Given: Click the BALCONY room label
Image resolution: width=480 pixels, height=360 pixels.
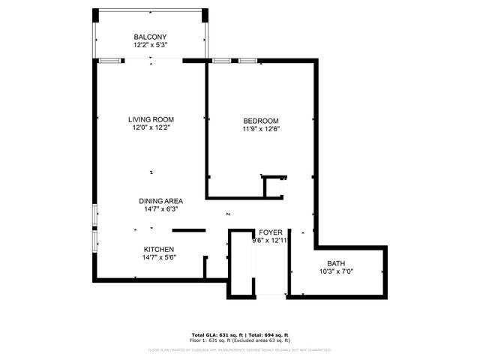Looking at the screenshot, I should coord(150,37).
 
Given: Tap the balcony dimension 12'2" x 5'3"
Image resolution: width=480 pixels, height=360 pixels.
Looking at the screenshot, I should coord(150,45).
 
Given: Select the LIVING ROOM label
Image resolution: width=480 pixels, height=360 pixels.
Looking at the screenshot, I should coord(151,119).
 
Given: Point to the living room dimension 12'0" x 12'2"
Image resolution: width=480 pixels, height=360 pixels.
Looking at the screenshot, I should coord(151,127).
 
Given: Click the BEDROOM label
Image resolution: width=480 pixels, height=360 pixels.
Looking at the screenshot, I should coord(261,121).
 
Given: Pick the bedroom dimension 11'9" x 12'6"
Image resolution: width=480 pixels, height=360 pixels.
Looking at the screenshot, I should coord(261,129).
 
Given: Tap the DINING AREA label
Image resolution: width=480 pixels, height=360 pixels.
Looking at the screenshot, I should coord(160,201).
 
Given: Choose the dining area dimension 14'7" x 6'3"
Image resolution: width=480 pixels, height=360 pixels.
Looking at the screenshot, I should coord(160,209).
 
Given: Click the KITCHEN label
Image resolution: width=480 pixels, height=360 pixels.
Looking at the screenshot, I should coord(159,249).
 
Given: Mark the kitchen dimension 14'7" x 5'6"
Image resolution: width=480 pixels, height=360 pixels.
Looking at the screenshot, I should coord(159,258).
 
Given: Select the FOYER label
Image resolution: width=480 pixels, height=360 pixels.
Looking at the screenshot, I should coord(270,232).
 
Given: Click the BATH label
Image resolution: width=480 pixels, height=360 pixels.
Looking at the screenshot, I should coord(336,263).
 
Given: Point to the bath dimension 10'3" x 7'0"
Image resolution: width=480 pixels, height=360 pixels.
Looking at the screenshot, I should coord(336,271).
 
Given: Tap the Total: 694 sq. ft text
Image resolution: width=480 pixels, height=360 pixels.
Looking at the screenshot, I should coord(268,334).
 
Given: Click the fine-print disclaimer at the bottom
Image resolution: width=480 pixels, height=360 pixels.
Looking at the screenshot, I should coord(240,349).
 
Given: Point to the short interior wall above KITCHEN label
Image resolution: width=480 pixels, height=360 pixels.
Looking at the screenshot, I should coord(188,229).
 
